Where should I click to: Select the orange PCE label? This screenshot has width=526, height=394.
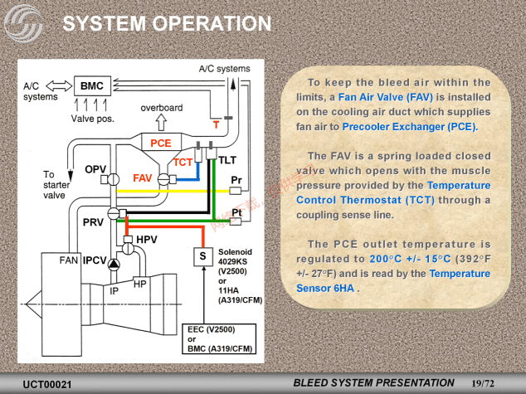161,143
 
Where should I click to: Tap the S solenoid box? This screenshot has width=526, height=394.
202,256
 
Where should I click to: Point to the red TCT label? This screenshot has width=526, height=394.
183,163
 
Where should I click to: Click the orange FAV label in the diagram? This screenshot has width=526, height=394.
143,178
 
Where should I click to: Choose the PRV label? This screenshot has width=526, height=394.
93,222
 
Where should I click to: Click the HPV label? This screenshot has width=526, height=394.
146,240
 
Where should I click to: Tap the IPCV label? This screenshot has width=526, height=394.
95,260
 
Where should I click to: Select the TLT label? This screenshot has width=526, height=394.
228,158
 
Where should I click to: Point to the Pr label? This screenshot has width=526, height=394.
236,179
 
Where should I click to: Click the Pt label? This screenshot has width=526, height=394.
236,212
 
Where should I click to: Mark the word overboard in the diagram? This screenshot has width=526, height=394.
161,109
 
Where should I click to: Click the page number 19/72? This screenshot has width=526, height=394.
482,382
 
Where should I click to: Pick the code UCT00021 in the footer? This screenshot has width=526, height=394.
47,384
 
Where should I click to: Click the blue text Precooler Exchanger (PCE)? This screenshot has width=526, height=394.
410,127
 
